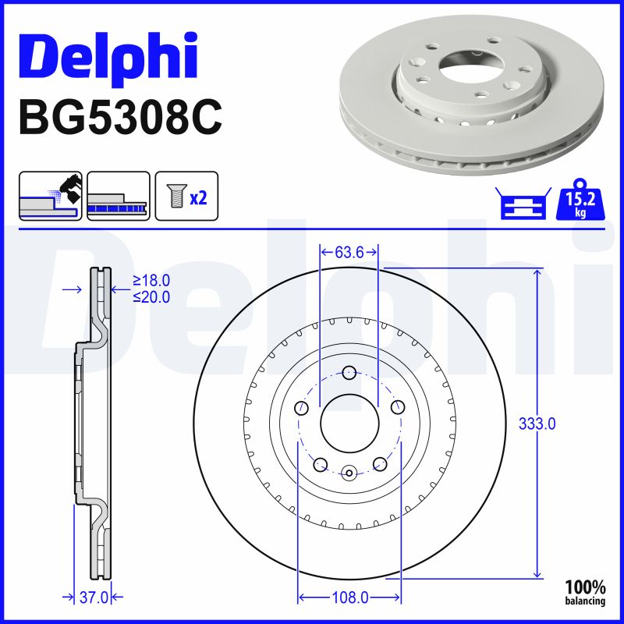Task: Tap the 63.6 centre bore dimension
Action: pos(349,252)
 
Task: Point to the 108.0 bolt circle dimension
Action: pos(350,597)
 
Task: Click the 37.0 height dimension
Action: pos(94,597)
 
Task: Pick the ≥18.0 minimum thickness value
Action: pos(151,281)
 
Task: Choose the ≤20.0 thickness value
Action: pos(151,296)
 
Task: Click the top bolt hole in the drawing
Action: pos(349,372)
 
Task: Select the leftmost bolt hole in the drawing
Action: pos(301,407)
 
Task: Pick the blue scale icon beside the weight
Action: pos(522,204)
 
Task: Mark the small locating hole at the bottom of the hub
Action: pos(349,472)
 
